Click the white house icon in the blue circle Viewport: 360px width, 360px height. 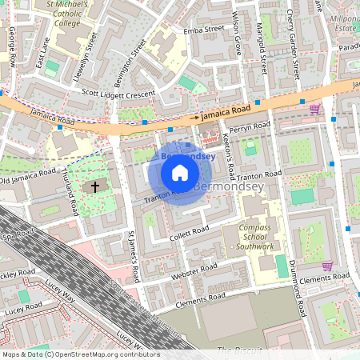(180, 173)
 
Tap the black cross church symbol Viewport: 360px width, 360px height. (95, 187)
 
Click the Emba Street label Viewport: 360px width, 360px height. (204, 30)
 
